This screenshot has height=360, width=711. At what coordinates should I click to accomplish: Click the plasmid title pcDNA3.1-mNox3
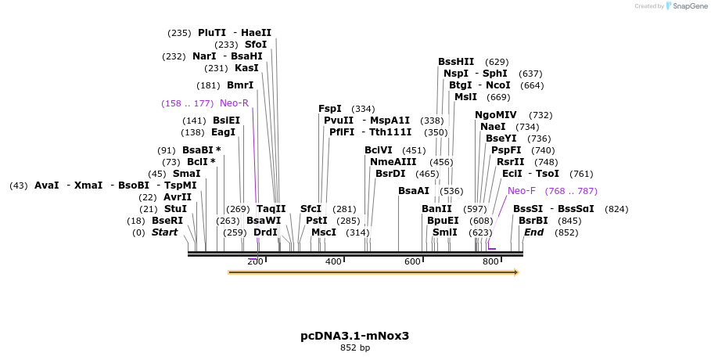[354, 336]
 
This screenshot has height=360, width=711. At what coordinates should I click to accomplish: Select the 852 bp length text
[354, 347]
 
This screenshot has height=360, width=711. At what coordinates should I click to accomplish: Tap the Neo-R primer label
[234, 103]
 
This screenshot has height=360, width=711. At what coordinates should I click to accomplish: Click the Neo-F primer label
[522, 191]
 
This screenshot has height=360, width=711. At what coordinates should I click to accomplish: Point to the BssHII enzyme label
[456, 62]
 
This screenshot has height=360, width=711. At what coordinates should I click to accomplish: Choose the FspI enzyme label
[330, 109]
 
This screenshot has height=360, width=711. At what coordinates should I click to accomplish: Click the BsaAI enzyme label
[414, 191]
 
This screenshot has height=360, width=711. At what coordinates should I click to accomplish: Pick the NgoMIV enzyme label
[496, 115]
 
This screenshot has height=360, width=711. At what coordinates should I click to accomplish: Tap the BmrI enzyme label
[240, 85]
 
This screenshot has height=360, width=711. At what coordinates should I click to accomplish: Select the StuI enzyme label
[175, 209]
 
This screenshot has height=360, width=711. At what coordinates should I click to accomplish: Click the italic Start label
[165, 232]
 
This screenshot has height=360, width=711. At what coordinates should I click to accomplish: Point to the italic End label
[533, 232]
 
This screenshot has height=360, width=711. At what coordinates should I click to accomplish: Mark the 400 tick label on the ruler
[333, 261]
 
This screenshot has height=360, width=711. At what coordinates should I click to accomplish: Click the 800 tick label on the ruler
[490, 261]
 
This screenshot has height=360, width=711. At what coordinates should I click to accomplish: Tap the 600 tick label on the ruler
[412, 261]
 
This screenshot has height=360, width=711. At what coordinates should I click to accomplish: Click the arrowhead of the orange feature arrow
[515, 272]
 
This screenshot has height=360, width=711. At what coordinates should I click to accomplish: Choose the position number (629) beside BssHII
[497, 62]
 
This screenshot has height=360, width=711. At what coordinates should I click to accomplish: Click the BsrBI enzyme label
[533, 221]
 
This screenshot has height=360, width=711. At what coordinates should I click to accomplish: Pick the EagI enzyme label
[223, 132]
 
